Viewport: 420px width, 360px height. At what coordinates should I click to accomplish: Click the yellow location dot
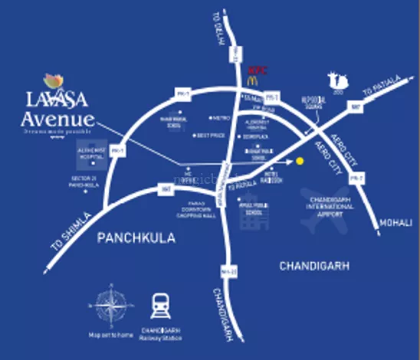click(x=300, y=161)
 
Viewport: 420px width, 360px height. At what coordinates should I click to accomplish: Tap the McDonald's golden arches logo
click(x=251, y=79)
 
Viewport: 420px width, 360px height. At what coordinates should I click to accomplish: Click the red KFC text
click(x=256, y=68)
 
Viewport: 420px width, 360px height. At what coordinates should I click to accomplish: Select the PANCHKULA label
click(x=136, y=238)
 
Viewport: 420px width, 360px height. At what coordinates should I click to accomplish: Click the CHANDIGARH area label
click(x=313, y=266)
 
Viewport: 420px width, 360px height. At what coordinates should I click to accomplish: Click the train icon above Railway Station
click(x=161, y=306)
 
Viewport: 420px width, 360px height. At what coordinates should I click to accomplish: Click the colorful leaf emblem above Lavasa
click(x=54, y=82)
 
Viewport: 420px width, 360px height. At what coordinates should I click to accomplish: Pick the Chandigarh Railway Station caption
click(x=161, y=335)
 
